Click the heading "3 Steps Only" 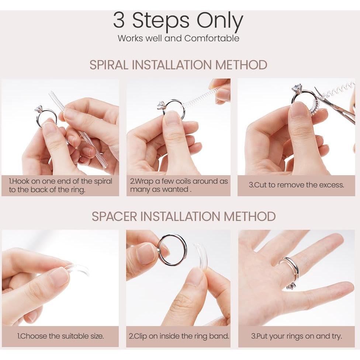coord(178,21)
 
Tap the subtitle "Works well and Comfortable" coord(179,38)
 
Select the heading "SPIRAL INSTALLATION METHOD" coord(178,65)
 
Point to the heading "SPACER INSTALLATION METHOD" coord(183,216)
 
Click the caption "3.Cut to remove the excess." coord(297,185)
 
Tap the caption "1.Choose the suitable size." coord(60,336)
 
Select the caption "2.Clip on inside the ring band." coord(179,336)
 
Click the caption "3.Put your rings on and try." coord(297,336)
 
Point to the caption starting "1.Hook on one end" coord(60,186)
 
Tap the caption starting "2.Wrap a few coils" coord(179,185)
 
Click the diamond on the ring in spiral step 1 coord(39,109)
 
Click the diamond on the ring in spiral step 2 coord(162,105)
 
